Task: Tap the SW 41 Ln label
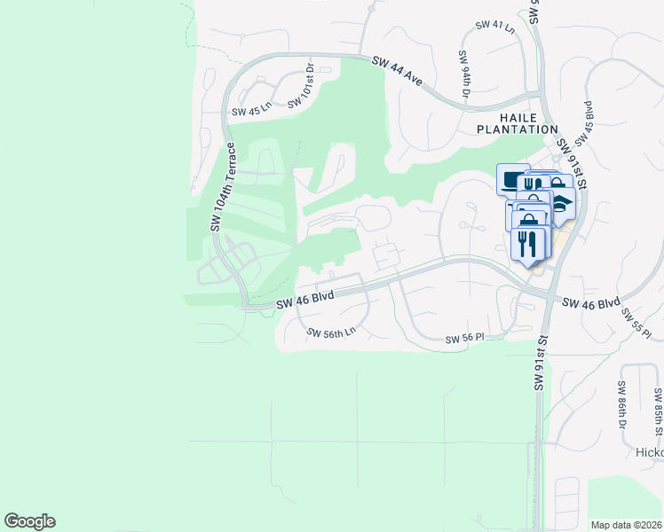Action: click(x=495, y=27)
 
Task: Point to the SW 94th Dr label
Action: click(x=464, y=73)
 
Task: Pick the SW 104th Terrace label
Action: click(x=224, y=187)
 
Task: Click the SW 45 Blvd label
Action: click(x=585, y=123)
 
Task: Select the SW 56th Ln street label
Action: click(x=331, y=332)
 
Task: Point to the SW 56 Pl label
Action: click(x=465, y=339)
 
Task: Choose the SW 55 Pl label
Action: click(x=636, y=324)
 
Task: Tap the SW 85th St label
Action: click(x=657, y=412)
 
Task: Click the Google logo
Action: click(x=29, y=521)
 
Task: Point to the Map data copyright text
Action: click(x=626, y=525)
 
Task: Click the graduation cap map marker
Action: click(x=561, y=201)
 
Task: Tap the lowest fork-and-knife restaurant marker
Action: click(x=528, y=244)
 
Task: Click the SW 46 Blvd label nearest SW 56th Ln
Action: click(x=304, y=300)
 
